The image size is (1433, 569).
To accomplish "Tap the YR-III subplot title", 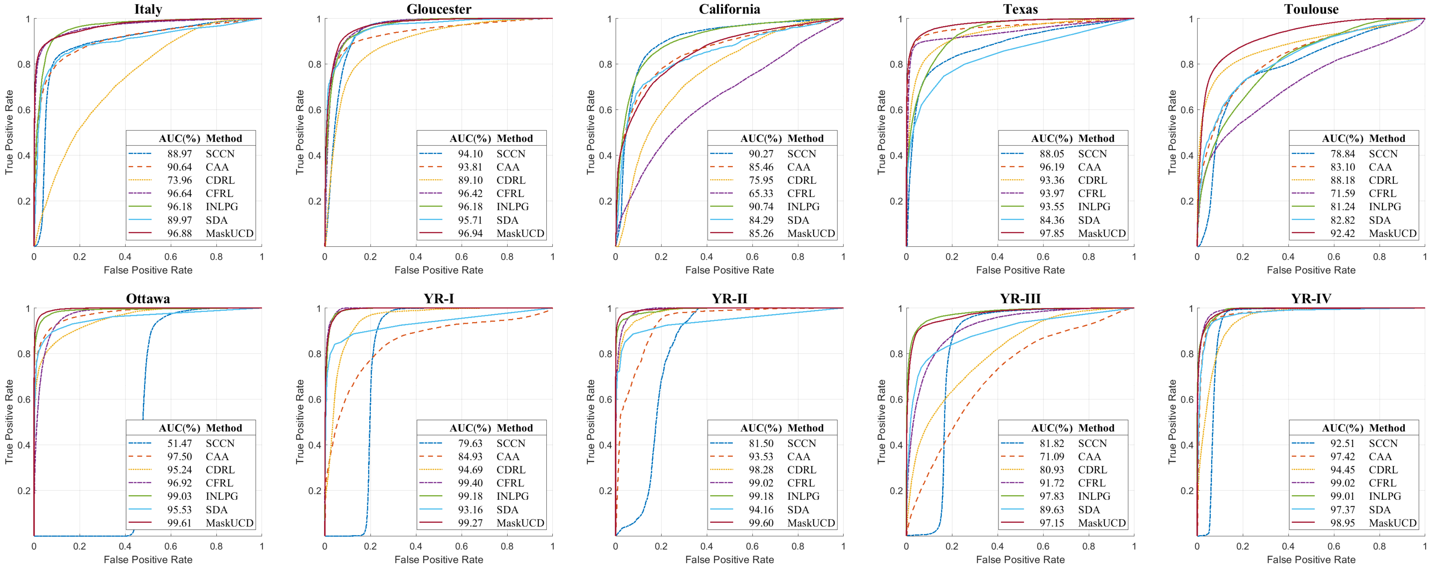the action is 1020,299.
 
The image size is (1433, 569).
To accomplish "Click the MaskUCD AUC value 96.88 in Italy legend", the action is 180,233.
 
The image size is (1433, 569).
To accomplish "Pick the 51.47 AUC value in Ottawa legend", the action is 180,443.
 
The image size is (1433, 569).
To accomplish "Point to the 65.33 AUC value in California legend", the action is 761,193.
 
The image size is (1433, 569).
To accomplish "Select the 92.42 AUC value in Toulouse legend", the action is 1343,233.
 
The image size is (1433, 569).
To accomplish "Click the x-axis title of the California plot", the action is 729,270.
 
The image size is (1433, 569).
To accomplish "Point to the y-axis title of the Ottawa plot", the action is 9,422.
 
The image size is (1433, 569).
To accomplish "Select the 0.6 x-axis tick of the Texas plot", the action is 1043,257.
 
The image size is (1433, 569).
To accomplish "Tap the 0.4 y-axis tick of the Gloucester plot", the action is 315,155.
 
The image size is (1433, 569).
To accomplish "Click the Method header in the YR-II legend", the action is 805,428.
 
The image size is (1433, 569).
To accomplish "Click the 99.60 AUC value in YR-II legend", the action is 761,523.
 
